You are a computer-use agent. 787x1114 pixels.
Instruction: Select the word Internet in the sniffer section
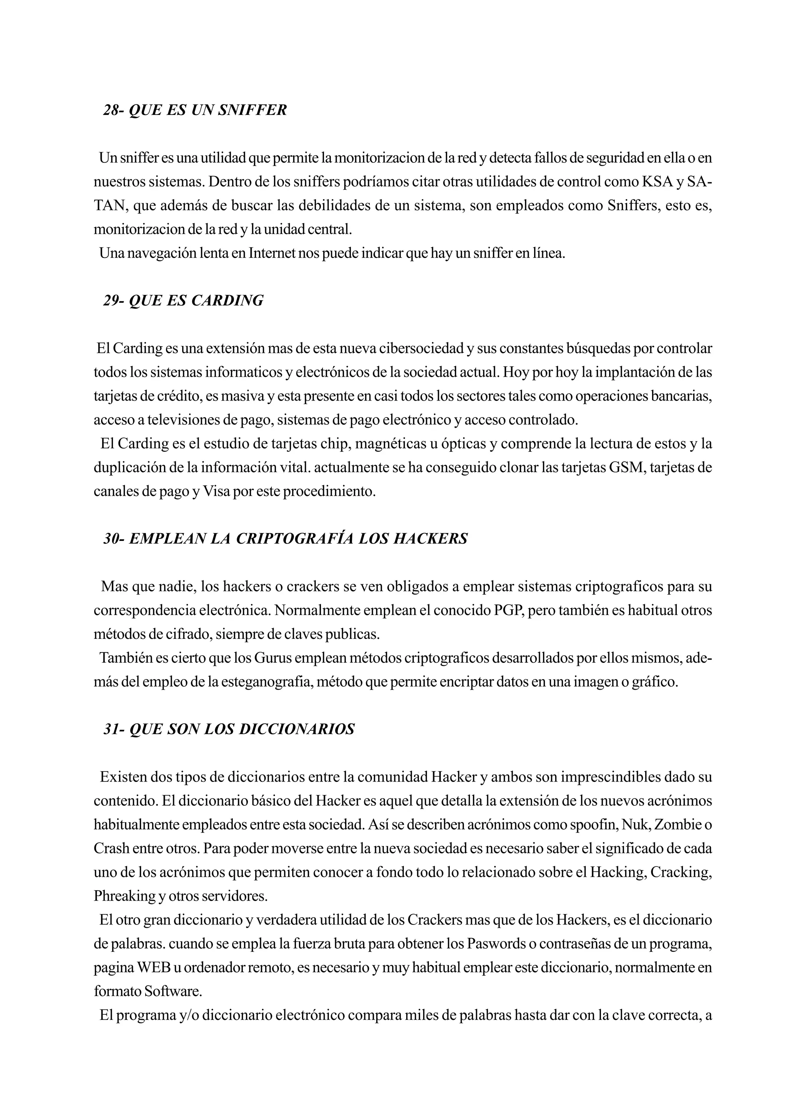click(x=272, y=253)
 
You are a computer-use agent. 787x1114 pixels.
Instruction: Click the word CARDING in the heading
click(x=227, y=301)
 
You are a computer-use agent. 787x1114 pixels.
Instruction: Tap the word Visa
click(x=216, y=492)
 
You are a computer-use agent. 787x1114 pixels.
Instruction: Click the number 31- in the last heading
click(x=115, y=729)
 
